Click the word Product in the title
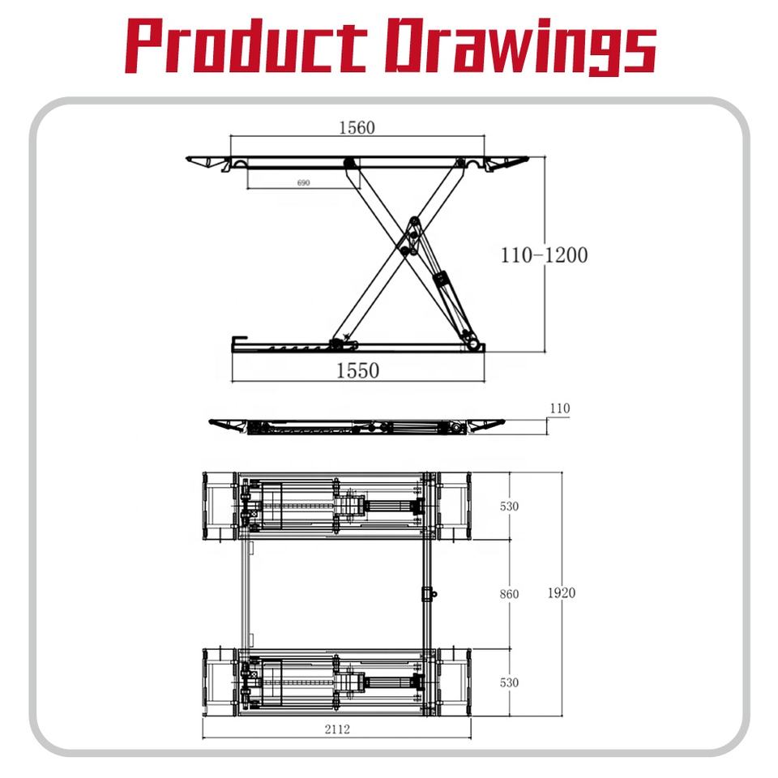[x=246, y=45]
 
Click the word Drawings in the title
[x=521, y=47]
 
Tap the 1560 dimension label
[x=357, y=128]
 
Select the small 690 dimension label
[x=303, y=182]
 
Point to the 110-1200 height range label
[x=545, y=255]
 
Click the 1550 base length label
[x=357, y=370]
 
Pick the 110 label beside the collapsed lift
[x=560, y=408]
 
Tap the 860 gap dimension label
[x=509, y=594]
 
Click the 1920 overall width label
[x=561, y=592]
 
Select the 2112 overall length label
[x=337, y=729]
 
